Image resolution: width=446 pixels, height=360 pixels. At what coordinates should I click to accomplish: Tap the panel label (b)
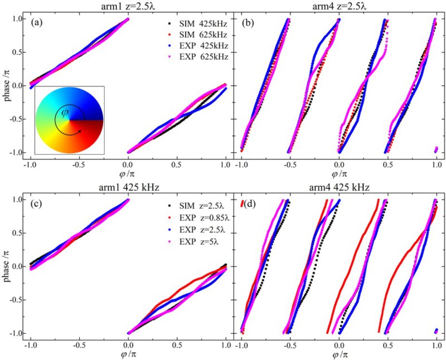coord(250,23)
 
